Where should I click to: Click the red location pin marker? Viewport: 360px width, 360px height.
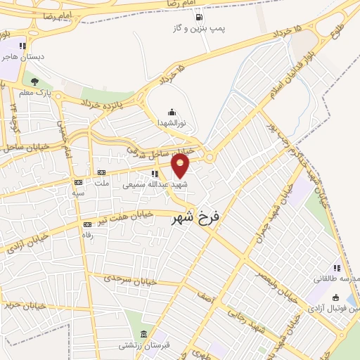(181, 166)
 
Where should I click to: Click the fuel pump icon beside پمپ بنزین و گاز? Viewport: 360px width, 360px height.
(200, 17)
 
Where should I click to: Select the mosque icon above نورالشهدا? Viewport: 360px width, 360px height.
(172, 112)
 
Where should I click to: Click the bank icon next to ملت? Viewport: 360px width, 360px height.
(102, 172)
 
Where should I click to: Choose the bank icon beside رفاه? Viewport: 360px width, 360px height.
(87, 224)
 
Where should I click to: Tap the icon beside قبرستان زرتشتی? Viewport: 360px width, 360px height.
(143, 334)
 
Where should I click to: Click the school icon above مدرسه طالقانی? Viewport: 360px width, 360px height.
(337, 268)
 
